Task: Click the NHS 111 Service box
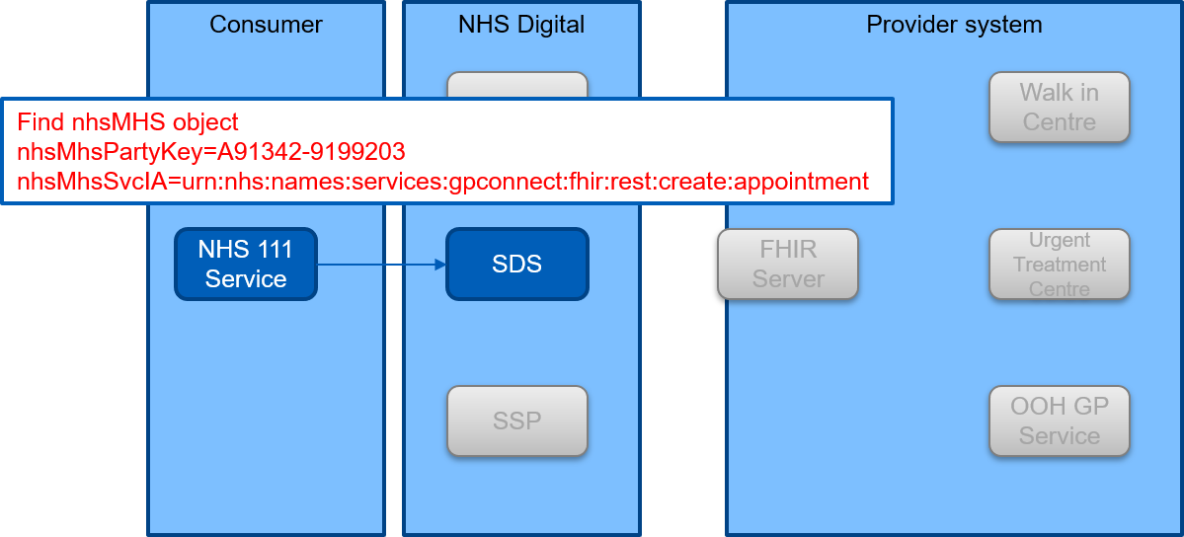tap(246, 264)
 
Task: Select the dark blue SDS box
tap(517, 264)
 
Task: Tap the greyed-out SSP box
tap(517, 421)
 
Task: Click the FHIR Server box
tap(788, 264)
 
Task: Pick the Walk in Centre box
tap(1060, 108)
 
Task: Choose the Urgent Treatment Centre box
tap(1060, 264)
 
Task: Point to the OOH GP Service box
tap(1060, 421)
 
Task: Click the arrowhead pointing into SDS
tap(439, 265)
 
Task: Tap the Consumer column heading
tap(266, 24)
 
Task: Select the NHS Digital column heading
tap(521, 24)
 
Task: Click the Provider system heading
tap(955, 24)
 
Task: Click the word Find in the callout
tap(37, 121)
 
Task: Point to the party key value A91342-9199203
tap(311, 152)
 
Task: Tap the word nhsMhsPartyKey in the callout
tap(111, 153)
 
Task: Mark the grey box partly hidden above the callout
tap(517, 85)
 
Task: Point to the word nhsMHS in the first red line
tap(114, 121)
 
